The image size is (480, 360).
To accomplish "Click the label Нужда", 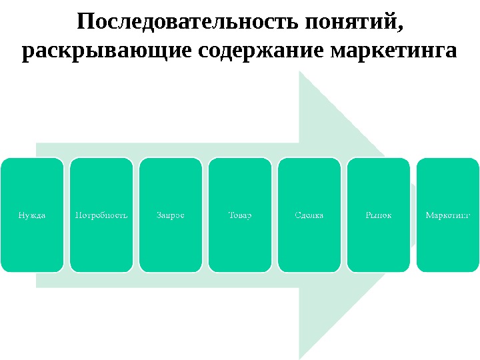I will [32, 215].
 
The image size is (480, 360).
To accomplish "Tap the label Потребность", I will [101, 215].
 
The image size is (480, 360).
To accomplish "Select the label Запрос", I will [171, 215].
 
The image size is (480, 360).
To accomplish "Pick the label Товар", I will [240, 215].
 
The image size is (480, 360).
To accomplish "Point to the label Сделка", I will [309, 215].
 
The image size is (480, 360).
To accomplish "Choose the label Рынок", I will [379, 215].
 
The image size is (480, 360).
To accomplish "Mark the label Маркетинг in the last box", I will [448, 215].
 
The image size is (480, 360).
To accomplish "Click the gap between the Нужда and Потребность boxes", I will [67, 215].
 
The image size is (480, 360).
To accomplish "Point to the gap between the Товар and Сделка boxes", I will [275, 215].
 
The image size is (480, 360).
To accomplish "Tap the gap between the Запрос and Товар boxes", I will [205, 215].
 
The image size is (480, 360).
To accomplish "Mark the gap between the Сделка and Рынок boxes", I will [344, 215].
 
